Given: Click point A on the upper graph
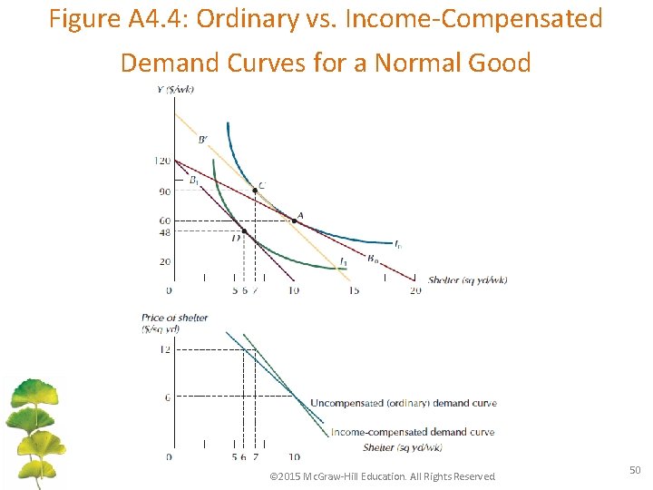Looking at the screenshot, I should (294, 220).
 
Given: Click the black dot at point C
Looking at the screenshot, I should (255, 191).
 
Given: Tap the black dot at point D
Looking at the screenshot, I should (244, 231).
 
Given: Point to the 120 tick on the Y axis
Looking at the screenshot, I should (162, 162).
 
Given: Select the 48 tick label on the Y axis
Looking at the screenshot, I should (164, 232).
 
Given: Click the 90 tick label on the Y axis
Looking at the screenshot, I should (164, 191).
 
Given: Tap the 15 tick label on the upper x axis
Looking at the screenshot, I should (353, 290).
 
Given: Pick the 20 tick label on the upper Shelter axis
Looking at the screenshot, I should (415, 290).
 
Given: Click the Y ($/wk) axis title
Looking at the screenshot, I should (174, 89).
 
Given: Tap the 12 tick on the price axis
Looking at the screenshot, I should (164, 349).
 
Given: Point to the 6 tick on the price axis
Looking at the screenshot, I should (166, 397).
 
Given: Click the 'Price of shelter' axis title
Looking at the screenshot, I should (175, 318).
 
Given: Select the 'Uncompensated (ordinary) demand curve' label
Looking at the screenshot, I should (403, 403).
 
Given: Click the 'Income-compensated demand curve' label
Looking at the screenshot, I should (413, 432).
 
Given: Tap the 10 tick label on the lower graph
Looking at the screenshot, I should (294, 457).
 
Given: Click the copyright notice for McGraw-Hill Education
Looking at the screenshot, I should (384, 476).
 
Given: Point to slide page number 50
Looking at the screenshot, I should (634, 468).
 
